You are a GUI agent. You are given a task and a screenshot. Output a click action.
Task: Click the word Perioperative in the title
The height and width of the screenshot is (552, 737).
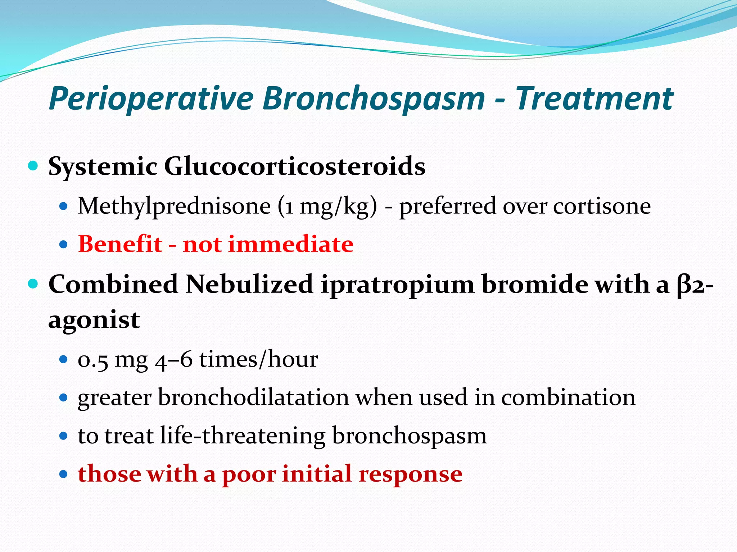point(151,99)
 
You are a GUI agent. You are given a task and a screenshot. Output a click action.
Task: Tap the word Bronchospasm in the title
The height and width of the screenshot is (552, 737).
point(374,99)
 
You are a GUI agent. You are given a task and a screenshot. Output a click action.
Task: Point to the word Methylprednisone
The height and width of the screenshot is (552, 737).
point(174,206)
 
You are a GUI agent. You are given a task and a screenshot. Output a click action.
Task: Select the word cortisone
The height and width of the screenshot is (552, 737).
point(602,206)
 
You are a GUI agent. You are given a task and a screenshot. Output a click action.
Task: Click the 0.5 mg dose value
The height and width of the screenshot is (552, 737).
point(113,359)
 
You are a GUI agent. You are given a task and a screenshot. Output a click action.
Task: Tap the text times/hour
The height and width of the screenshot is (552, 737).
point(259,359)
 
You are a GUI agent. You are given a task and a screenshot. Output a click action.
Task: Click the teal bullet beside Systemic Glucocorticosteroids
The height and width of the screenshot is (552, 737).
point(33,166)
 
